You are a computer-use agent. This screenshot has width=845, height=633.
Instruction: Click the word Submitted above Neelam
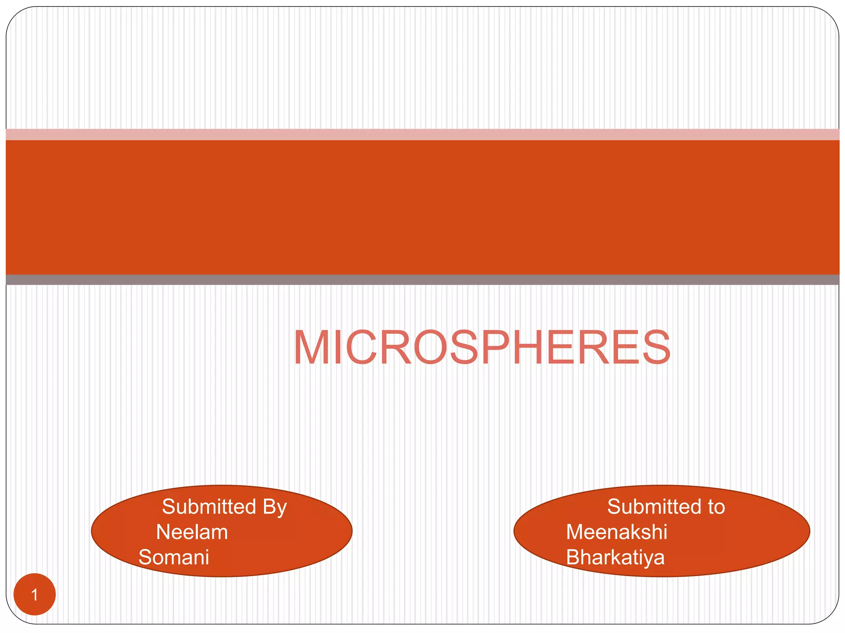click(x=209, y=506)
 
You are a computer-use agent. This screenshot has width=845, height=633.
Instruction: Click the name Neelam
click(x=192, y=532)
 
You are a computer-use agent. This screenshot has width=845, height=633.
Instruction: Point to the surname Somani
click(x=174, y=557)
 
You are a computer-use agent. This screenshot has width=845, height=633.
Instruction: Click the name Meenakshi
click(x=616, y=532)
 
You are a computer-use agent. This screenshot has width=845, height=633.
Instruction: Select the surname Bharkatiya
click(x=615, y=558)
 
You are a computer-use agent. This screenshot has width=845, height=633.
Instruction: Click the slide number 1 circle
click(x=35, y=594)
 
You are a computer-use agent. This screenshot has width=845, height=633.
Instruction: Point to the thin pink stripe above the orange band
click(x=422, y=134)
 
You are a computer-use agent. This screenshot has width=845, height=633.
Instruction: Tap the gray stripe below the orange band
click(x=422, y=280)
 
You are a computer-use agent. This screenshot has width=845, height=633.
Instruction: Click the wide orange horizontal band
click(x=422, y=207)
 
